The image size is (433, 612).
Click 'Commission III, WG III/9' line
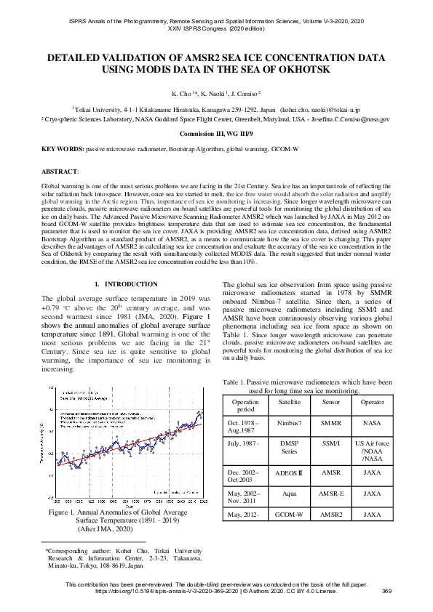(216, 134)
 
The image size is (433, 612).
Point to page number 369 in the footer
(386, 592)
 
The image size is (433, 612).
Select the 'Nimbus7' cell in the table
(289, 422)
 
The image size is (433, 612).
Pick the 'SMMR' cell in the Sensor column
(330, 422)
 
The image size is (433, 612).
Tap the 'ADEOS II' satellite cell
(289, 472)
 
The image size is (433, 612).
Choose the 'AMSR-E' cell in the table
(330, 493)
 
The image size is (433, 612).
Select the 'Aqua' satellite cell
(289, 493)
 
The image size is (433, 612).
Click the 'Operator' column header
(372, 401)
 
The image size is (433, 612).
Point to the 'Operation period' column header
(245, 405)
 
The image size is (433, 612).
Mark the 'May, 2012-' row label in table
(245, 515)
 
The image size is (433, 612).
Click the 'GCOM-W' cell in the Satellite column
(289, 515)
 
